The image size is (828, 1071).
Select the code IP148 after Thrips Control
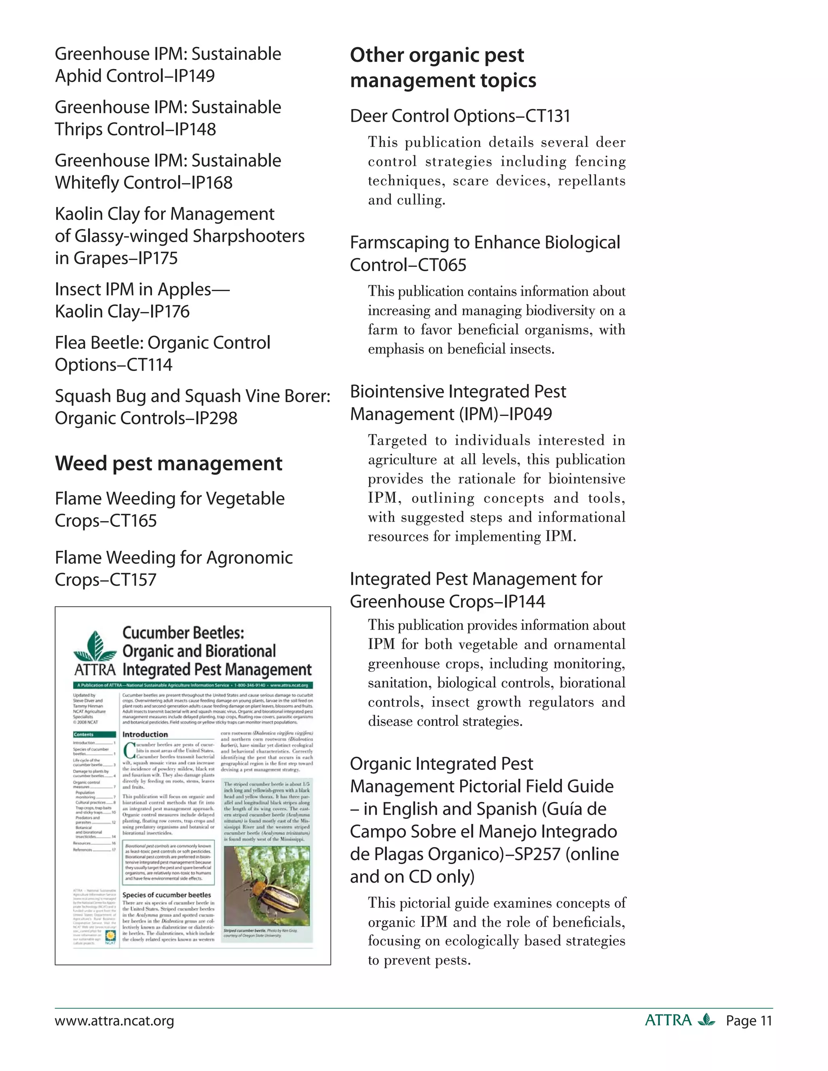click(195, 129)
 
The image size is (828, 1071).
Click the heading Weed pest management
click(168, 464)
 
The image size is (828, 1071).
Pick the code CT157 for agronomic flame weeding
click(133, 580)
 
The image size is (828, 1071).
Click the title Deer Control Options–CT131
click(460, 116)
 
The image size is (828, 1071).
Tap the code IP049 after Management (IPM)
click(530, 414)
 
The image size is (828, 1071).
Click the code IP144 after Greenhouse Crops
click(524, 602)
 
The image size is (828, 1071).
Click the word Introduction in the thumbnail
click(145, 734)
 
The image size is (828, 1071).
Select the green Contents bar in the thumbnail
click(94, 734)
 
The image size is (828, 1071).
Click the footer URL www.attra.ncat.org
click(114, 1021)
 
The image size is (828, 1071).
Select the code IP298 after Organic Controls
click(216, 418)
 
